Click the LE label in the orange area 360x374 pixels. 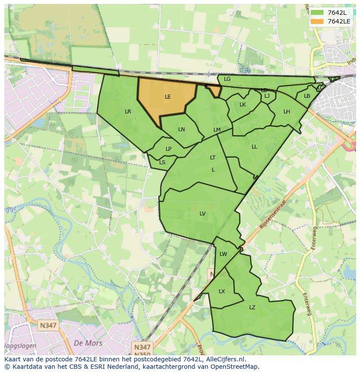pos(168,97)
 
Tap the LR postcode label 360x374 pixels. pos(128,112)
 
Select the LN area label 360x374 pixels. pos(182,129)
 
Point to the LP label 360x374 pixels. pos(169,149)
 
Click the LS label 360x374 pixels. pos(162,162)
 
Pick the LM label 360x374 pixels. pos(217,130)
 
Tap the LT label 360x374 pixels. pos(213,158)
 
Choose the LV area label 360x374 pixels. pos(203,213)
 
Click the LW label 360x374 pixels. pos(223,254)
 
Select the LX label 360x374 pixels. pos(222,291)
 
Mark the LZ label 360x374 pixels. pos(252,308)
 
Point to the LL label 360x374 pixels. pos(254,147)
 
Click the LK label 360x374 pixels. pos(243,105)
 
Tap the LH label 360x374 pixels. pos(287,112)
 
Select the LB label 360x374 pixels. pos(307,96)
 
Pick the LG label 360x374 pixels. pos(227,79)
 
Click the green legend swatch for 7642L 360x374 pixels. pos(317,13)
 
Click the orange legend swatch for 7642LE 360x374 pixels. pos(317,21)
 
